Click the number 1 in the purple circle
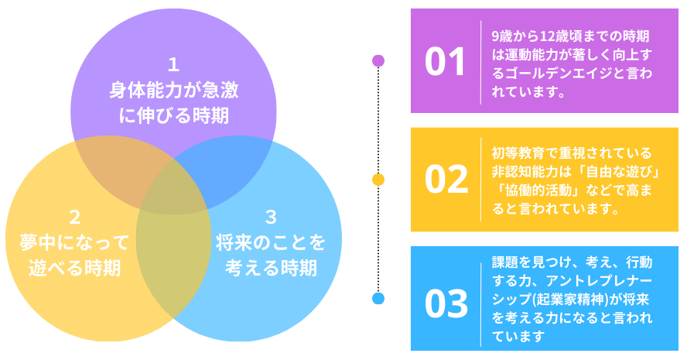[x=173, y=65]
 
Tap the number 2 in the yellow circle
[x=75, y=218]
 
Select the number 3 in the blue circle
[x=272, y=218]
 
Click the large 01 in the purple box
[x=445, y=61]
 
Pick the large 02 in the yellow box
[x=446, y=180]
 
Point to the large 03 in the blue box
[x=446, y=303]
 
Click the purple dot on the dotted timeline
[x=378, y=60]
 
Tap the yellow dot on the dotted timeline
[x=378, y=180]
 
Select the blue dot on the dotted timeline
[x=378, y=299]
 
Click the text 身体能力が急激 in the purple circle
[x=173, y=90]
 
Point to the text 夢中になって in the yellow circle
[x=75, y=242]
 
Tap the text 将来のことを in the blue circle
[x=272, y=242]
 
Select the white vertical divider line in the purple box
[x=480, y=62]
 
